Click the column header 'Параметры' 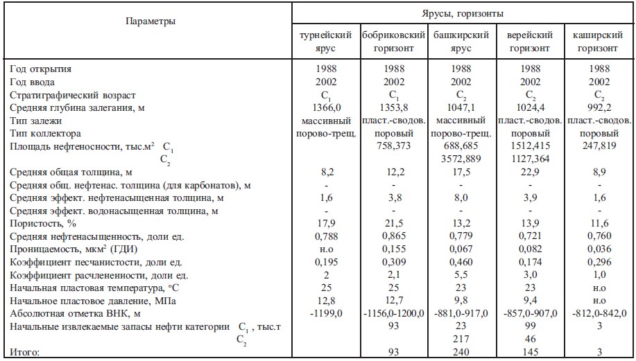(x=151, y=21)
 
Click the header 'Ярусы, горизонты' (x=463, y=13)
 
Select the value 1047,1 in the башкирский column (x=461, y=107)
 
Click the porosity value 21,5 (x=393, y=224)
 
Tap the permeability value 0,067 (x=461, y=249)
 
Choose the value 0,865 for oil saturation (x=393, y=237)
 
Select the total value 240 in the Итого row (x=461, y=353)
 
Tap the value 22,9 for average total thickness (x=529, y=172)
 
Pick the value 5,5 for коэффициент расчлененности (x=461, y=275)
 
